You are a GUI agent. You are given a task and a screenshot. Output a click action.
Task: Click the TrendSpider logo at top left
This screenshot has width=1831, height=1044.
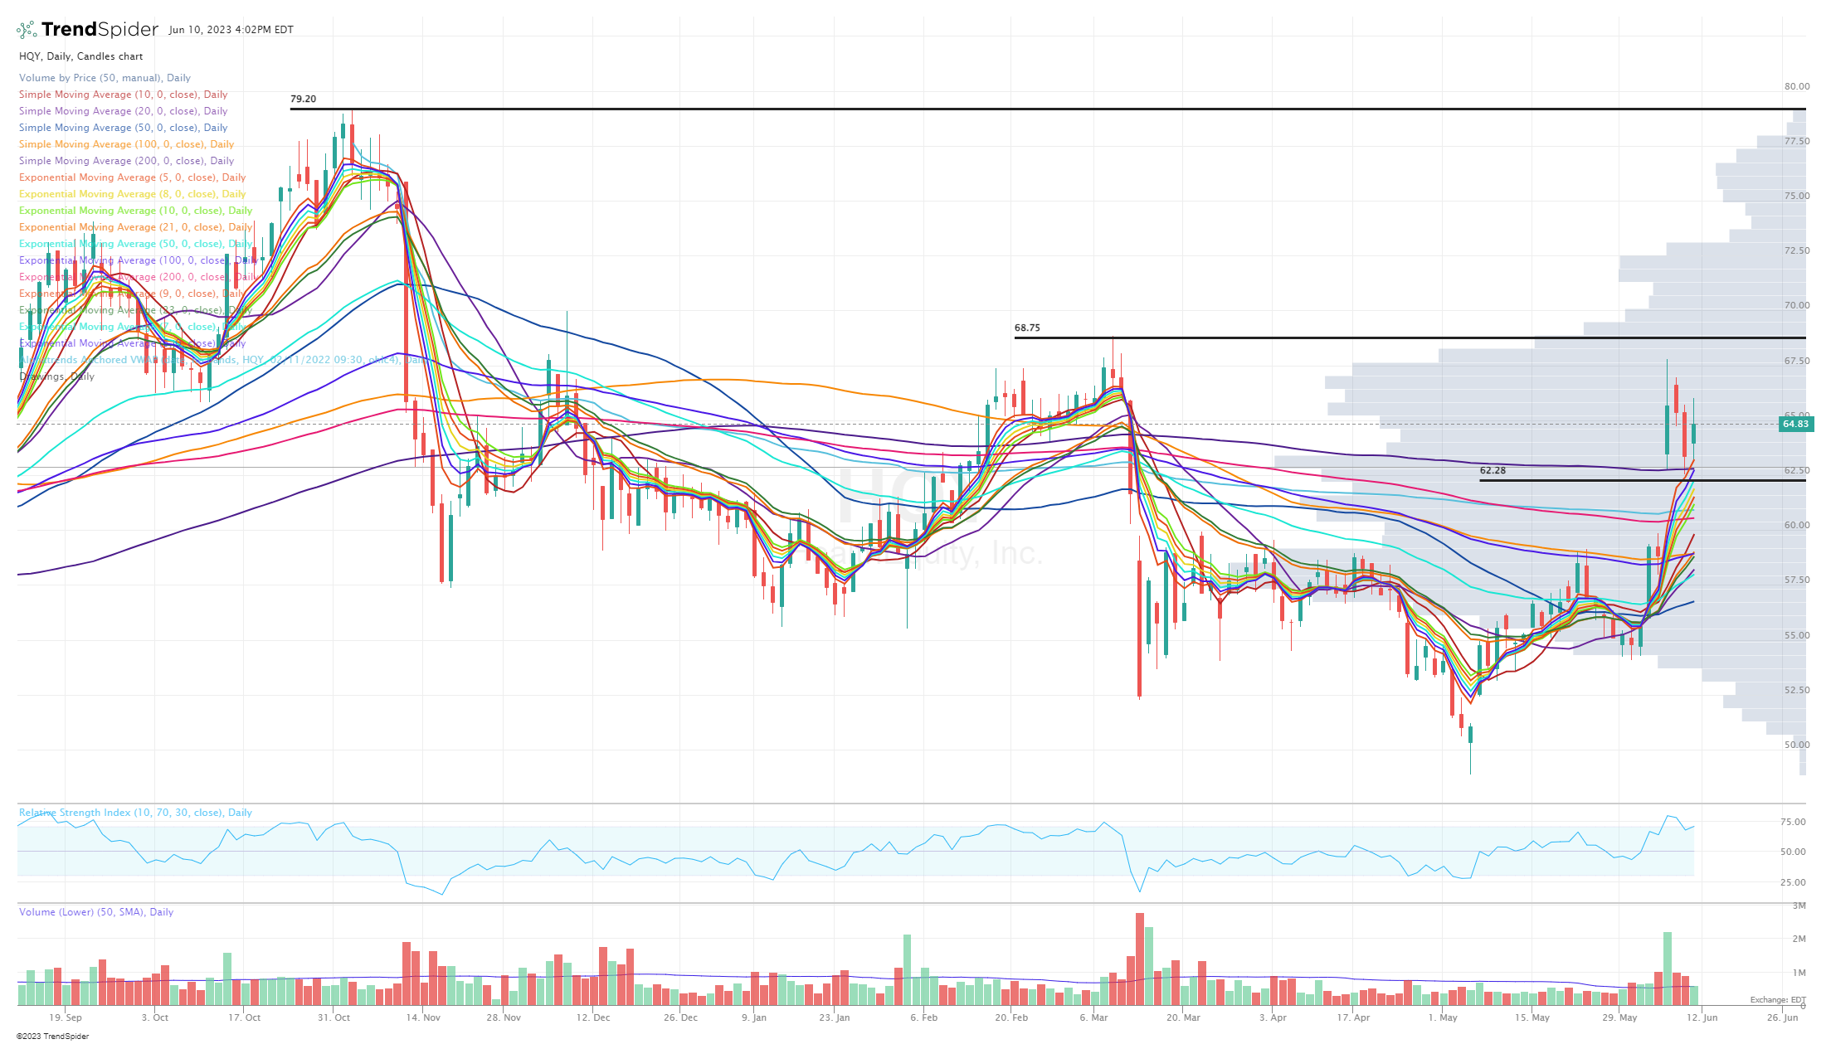point(87,30)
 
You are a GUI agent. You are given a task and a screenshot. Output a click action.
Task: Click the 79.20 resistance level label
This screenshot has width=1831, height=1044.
point(303,99)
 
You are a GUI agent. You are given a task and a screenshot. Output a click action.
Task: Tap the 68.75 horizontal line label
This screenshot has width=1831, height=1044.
point(1027,328)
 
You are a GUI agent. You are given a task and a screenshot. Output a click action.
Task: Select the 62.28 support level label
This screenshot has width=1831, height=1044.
point(1493,470)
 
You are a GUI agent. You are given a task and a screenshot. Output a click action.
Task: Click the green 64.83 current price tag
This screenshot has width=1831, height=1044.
point(1794,424)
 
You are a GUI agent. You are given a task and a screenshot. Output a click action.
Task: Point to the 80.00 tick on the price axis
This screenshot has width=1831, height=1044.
point(1797,86)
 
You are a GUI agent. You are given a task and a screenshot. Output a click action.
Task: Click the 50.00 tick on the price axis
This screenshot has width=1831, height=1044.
point(1797,745)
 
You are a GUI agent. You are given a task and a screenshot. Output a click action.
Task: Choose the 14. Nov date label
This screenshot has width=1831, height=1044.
point(423,1017)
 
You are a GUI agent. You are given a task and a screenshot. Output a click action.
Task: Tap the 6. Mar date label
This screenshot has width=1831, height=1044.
point(1093,1017)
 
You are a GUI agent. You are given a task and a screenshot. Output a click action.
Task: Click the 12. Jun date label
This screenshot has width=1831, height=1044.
point(1702,1017)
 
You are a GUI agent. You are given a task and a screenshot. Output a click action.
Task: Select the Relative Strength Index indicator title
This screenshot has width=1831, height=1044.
point(135,813)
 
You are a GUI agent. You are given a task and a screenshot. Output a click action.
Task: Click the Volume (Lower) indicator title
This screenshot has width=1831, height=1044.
point(96,912)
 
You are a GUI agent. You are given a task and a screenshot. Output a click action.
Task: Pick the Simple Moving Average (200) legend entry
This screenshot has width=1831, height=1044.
point(126,161)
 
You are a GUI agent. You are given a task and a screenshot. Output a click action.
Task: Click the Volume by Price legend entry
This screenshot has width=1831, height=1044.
point(105,78)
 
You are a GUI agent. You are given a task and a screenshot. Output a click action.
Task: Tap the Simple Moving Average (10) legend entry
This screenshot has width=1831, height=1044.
point(123,95)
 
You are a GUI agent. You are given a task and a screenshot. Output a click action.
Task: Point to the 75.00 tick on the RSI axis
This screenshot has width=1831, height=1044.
point(1793,822)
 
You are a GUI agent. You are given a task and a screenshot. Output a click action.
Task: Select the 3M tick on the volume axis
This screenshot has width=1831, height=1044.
point(1799,906)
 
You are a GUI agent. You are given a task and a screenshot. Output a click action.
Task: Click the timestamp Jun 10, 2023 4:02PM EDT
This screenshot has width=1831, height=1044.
point(231,30)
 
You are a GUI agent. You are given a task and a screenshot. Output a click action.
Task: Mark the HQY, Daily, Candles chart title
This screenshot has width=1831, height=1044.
point(81,56)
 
